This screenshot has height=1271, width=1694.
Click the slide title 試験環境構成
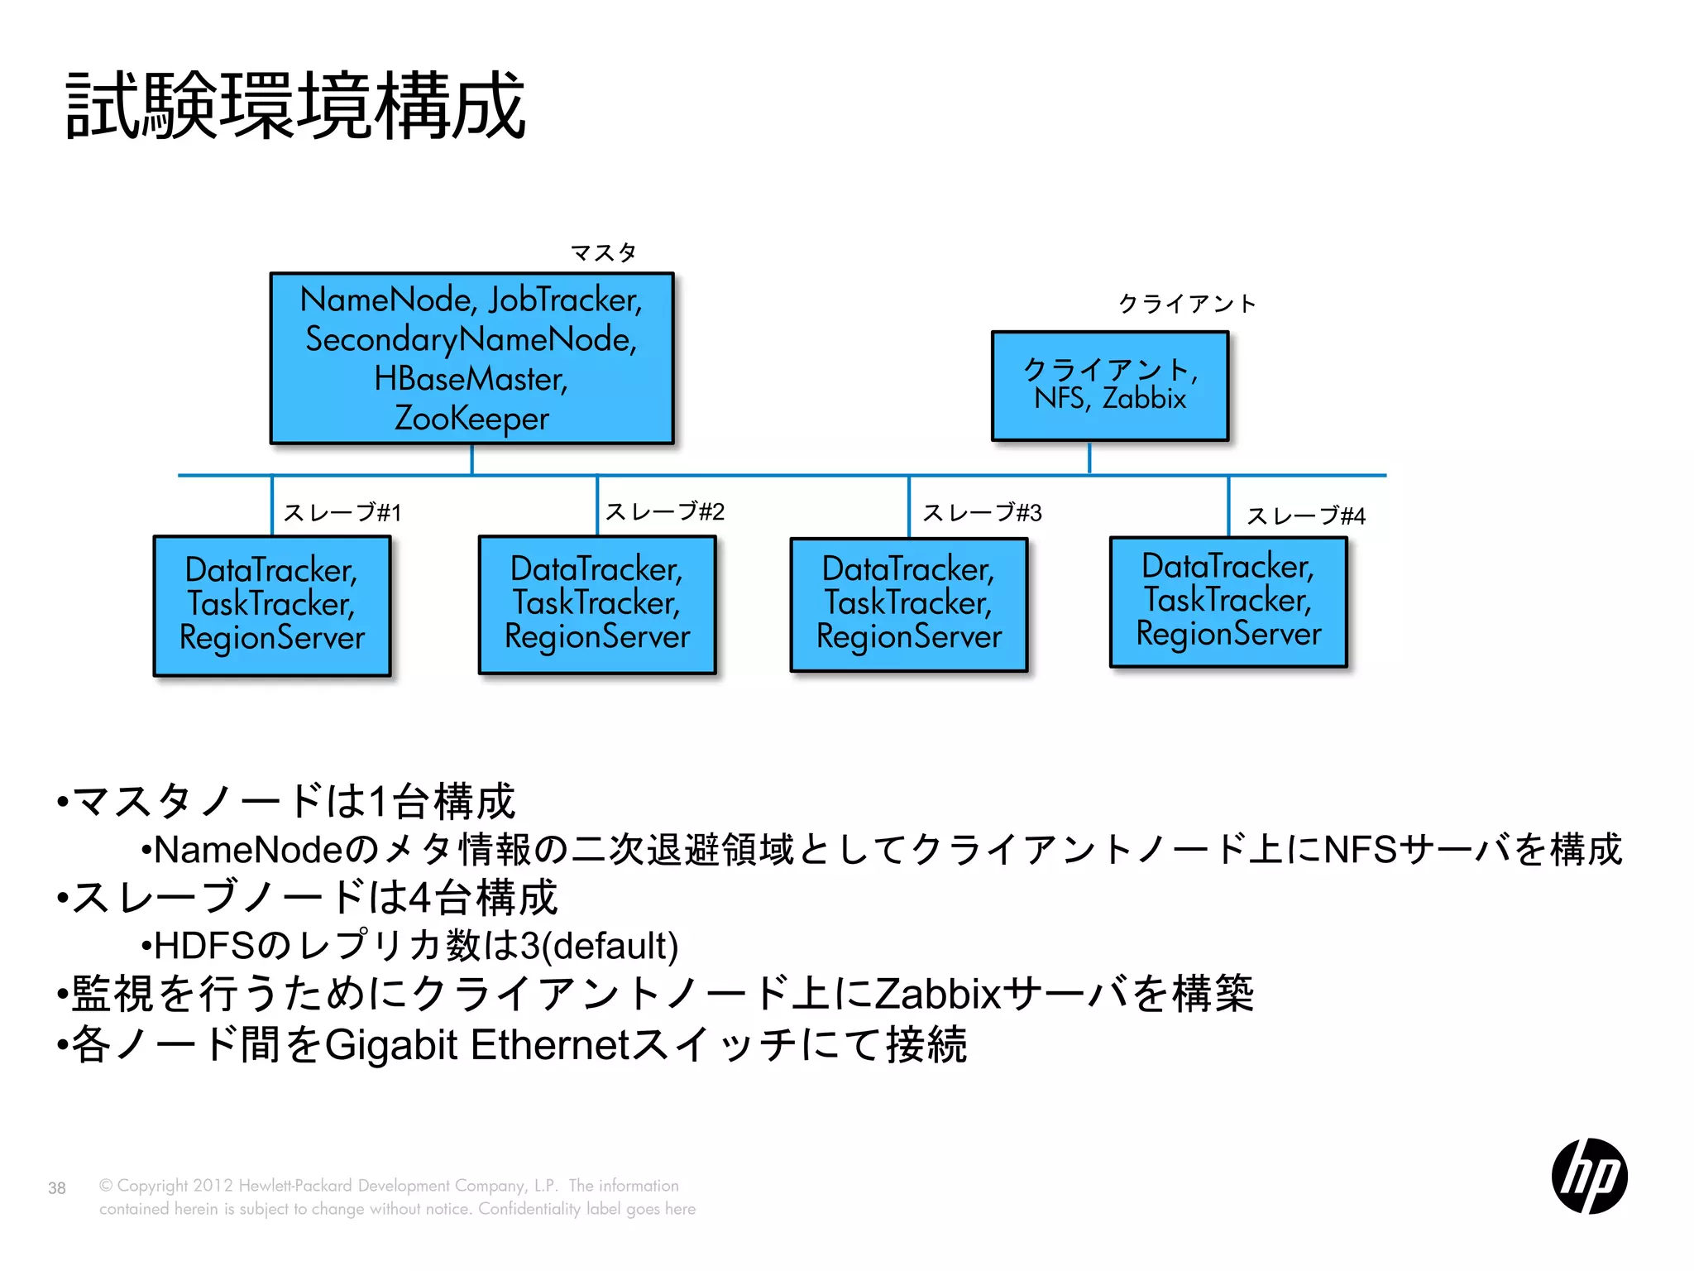click(x=295, y=106)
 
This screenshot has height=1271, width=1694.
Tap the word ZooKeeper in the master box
click(x=471, y=418)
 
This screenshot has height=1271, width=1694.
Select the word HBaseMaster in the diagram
click(x=471, y=379)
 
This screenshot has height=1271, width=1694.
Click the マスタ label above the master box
click(x=604, y=252)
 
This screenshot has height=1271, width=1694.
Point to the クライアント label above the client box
click(x=1187, y=304)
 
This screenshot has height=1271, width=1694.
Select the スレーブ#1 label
click(x=342, y=513)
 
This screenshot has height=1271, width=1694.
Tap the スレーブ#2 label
click(x=665, y=512)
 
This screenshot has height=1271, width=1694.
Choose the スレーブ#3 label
click(x=983, y=513)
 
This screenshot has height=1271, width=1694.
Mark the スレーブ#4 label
click(x=1306, y=516)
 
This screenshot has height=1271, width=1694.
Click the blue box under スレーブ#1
click(x=272, y=606)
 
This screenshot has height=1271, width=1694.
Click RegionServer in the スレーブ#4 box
click(x=1228, y=635)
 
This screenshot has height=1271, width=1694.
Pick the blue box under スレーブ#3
click(x=909, y=604)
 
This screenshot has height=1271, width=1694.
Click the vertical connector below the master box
click(x=471, y=459)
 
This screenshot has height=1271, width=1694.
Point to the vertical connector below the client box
click(x=1089, y=458)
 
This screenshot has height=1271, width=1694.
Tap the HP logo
click(x=1589, y=1175)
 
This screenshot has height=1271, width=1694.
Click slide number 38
click(x=57, y=1188)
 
